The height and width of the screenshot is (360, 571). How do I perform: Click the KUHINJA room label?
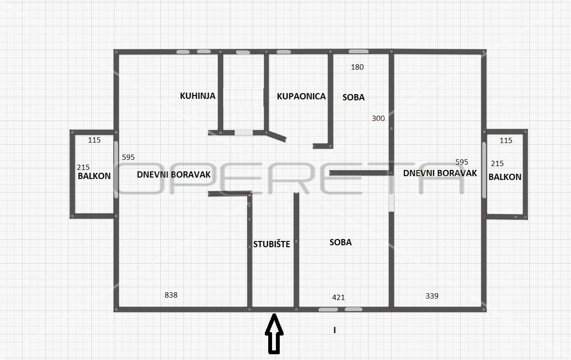point(198,96)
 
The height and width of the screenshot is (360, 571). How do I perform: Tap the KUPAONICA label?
point(301,96)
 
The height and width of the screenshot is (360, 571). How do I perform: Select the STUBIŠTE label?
point(272,244)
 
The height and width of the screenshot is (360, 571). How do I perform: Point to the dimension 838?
point(171,295)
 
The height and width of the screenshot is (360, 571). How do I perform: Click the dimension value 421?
point(338,297)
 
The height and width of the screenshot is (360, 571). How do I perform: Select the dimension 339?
point(432,296)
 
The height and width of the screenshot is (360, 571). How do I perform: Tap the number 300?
point(378,118)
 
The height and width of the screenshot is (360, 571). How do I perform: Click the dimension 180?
point(357,67)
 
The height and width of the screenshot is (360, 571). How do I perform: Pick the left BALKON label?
point(95,176)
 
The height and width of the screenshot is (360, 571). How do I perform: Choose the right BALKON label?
point(505,177)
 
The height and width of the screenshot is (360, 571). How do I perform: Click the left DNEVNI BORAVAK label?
point(174,175)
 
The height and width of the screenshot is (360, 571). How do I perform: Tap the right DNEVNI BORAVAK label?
point(440,173)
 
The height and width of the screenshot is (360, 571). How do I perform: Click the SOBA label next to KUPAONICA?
point(354,97)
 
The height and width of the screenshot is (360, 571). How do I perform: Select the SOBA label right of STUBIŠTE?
point(341,242)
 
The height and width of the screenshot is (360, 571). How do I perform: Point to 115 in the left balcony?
point(95,140)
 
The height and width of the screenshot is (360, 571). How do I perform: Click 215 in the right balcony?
point(498,164)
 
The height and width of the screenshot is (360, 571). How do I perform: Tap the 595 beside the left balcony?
point(128,157)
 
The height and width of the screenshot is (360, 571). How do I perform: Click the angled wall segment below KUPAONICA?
point(276,136)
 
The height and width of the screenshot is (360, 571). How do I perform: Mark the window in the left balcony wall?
point(116,169)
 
